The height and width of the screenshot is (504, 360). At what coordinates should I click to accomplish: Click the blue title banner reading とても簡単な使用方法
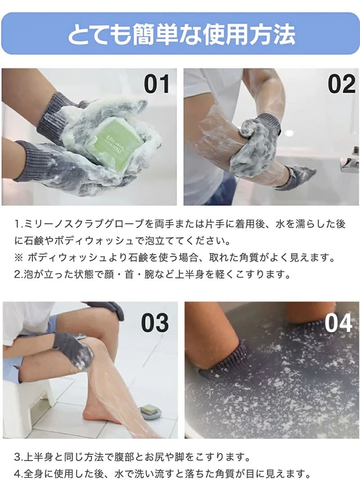(180, 34)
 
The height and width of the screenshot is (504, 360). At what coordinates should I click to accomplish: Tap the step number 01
(157, 84)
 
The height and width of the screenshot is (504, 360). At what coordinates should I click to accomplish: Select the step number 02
(342, 84)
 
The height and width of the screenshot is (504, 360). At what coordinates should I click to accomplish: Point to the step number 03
(155, 323)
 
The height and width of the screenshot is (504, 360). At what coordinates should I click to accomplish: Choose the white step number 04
(338, 323)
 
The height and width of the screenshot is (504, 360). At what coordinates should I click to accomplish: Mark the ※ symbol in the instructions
(18, 258)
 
